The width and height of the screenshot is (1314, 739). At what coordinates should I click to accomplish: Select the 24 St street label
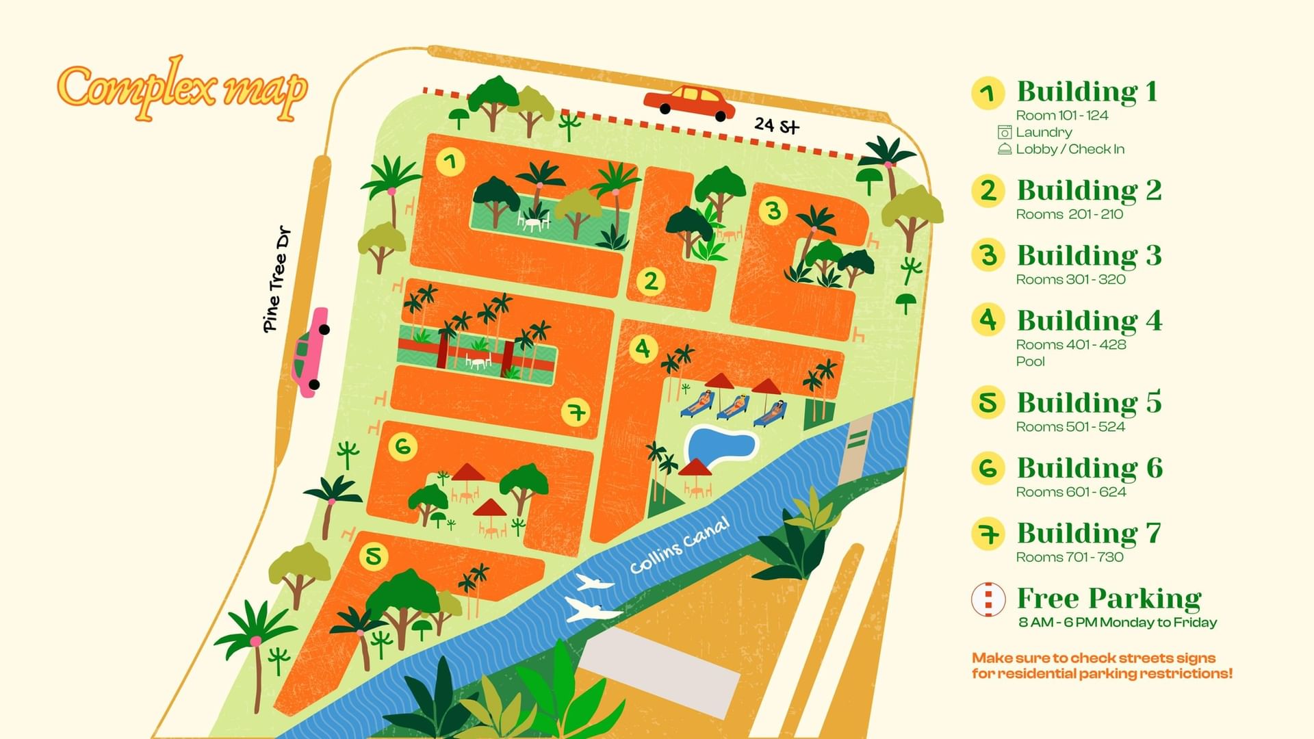click(777, 125)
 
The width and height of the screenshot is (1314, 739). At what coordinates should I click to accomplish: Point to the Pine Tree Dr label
click(276, 280)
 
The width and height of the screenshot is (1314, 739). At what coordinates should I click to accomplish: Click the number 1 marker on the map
click(450, 162)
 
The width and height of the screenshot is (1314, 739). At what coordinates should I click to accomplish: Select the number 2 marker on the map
click(650, 281)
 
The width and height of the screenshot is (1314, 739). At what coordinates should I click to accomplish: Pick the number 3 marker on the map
click(773, 211)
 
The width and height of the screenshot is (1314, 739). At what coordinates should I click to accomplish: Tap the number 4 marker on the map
click(643, 349)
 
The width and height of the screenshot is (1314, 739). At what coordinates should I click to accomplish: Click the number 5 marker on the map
click(374, 556)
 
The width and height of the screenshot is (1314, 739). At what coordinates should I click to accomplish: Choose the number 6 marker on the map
click(402, 447)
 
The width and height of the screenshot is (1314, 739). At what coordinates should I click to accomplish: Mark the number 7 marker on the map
click(576, 413)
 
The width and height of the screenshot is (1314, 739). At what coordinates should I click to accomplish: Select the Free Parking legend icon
click(988, 599)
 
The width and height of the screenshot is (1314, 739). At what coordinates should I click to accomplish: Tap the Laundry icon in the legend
click(1004, 132)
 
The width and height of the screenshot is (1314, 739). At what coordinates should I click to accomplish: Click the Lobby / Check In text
click(1069, 149)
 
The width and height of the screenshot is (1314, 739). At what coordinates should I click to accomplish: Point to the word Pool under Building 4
click(1030, 361)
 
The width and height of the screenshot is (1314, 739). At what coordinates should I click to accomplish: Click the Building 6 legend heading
click(1089, 468)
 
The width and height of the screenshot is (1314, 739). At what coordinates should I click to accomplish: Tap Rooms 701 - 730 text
click(1069, 557)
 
